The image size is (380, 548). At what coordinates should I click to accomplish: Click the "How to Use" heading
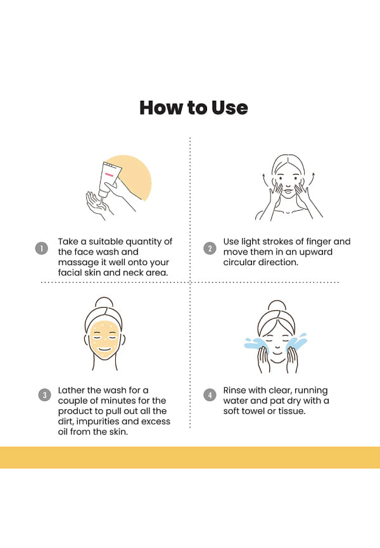(x=194, y=108)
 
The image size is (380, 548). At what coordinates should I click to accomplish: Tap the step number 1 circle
(x=42, y=249)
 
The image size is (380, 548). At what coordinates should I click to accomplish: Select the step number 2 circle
(x=210, y=249)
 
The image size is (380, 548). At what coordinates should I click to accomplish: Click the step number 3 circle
(x=44, y=395)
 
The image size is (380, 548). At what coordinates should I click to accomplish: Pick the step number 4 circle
(x=210, y=395)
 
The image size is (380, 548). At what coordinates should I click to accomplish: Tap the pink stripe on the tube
(x=110, y=175)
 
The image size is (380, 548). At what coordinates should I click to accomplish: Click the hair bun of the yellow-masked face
(x=104, y=302)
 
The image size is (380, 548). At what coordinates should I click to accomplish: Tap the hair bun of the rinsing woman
(x=277, y=305)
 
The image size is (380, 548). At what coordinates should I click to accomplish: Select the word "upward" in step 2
(x=316, y=252)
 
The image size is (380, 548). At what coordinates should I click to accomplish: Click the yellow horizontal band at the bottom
(x=190, y=457)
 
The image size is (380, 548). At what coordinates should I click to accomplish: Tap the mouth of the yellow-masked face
(x=104, y=349)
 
